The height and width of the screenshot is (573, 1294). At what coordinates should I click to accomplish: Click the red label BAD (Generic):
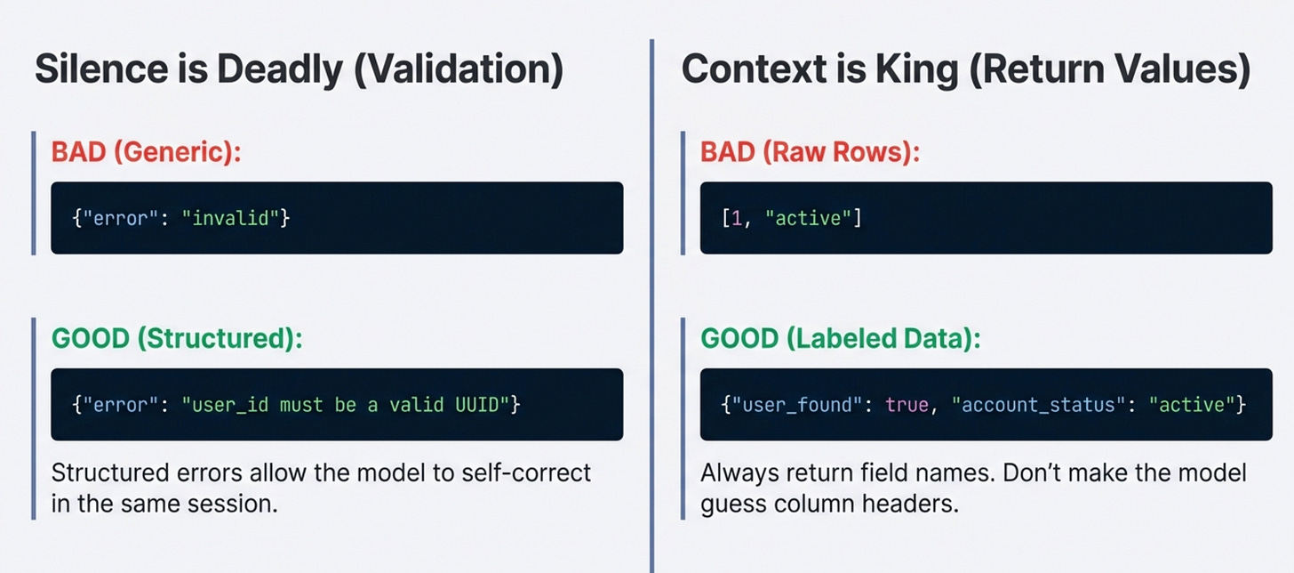coord(147,151)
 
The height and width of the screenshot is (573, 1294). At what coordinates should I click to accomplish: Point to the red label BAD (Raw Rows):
coord(810,151)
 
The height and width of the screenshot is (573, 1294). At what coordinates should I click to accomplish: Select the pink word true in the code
coord(905,405)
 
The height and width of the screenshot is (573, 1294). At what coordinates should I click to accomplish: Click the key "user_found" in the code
coord(800,405)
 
